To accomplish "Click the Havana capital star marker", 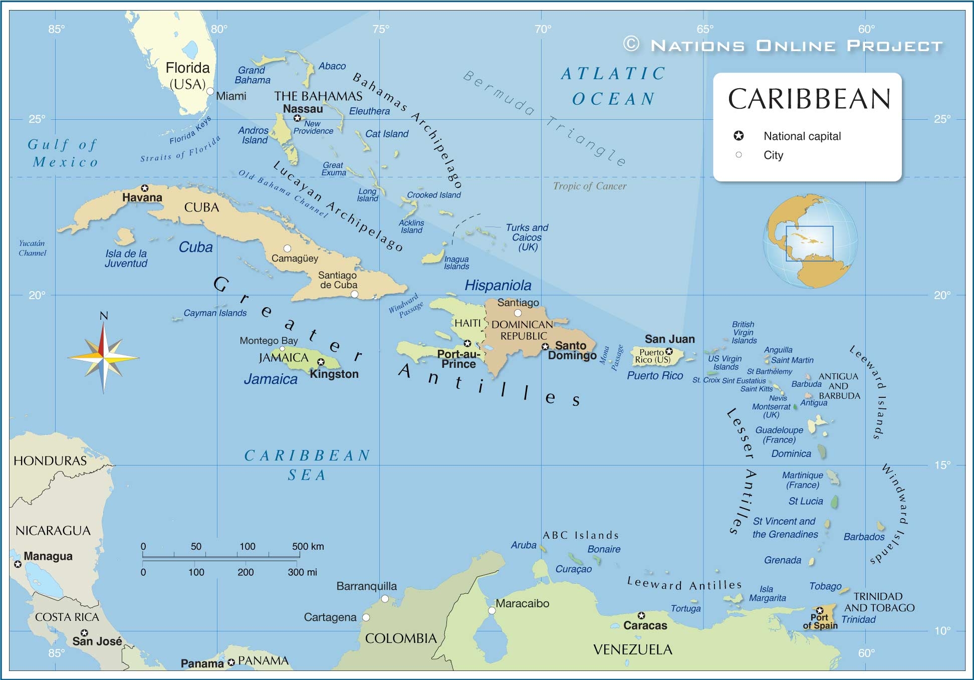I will (x=145, y=188).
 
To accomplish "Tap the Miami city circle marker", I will (x=210, y=91).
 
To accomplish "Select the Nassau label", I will (x=303, y=109).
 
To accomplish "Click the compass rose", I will (x=103, y=357).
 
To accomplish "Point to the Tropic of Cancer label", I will (x=589, y=186).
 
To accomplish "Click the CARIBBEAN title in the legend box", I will (x=809, y=99).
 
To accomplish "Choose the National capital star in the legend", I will (x=739, y=136).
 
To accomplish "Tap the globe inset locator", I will (x=810, y=241).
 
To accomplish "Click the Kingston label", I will (x=334, y=374).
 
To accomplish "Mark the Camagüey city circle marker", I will (x=287, y=248).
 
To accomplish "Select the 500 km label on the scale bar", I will (x=308, y=546).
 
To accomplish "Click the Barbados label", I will (x=864, y=537).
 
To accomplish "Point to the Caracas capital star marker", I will (x=641, y=615).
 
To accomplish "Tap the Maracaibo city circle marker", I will (x=492, y=610).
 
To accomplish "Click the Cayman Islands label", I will (x=215, y=313).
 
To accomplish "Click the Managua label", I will (x=48, y=556).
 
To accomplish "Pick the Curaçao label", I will (x=573, y=569).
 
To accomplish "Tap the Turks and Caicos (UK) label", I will (x=527, y=237).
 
